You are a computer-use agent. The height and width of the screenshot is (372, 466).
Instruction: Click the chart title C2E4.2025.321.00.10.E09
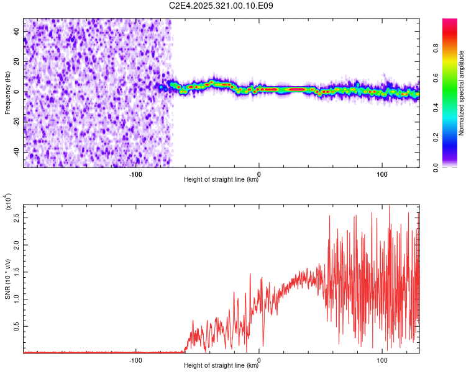coord(222,6)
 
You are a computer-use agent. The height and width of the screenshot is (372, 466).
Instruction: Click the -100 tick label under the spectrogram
coord(135,174)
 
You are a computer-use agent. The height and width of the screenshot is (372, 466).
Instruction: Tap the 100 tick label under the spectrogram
coord(381,174)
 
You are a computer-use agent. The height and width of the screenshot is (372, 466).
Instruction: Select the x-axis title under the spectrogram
coord(221,180)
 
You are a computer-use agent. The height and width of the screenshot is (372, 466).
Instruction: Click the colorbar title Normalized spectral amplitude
coord(462,93)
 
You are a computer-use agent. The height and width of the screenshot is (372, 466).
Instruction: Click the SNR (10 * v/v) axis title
coord(8,279)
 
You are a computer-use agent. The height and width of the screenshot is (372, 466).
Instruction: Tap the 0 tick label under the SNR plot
coord(258,360)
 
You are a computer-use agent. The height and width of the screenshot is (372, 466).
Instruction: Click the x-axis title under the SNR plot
coord(221,366)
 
